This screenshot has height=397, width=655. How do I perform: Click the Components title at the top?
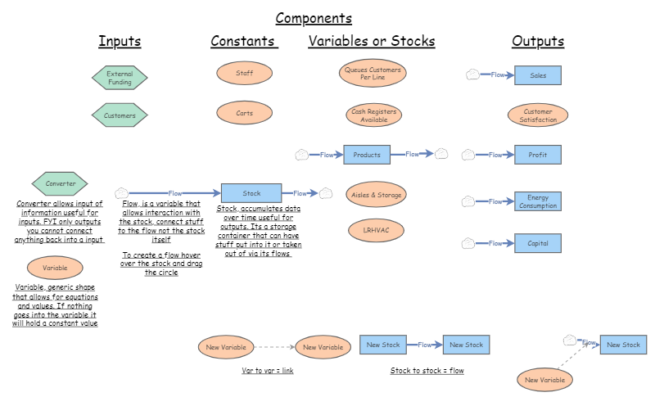point(314,18)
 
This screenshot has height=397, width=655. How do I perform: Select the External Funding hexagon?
point(120,78)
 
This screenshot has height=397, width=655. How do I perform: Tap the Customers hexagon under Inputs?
point(120,115)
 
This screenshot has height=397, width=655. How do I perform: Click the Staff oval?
point(244,73)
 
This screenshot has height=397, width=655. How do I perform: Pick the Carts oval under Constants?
point(244,113)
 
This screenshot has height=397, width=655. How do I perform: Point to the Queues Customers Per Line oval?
point(373,74)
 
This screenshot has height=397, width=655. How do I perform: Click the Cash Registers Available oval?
point(373,115)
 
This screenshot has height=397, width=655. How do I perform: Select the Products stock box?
point(367,154)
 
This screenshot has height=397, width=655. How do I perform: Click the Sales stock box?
point(538,75)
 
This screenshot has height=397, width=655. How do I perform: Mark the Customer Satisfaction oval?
point(538,115)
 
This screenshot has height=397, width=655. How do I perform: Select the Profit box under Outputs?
point(538,155)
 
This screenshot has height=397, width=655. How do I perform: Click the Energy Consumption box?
point(538,201)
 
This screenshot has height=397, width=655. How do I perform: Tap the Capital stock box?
point(538,242)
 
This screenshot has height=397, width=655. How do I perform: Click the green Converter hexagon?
point(60,183)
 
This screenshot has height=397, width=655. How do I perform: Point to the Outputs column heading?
point(538,42)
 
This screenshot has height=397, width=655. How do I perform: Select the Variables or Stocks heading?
point(372,42)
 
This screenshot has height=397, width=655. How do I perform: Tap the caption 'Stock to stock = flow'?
point(427,371)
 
